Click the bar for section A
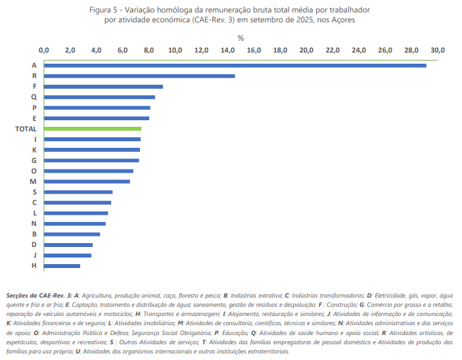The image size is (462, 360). [235, 65]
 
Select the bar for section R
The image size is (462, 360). [139, 76]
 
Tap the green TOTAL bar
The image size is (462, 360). [93, 129]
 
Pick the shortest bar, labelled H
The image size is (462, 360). [62, 265]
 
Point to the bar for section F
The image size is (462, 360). [103, 87]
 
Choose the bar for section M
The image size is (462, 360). [87, 181]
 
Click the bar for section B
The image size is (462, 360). [72, 234]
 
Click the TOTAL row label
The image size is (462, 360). [26, 129]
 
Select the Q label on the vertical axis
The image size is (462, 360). [34, 97]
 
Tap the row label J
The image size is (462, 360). [34, 255]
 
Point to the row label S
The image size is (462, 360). [34, 192]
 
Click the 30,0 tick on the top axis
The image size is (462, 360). [438, 50]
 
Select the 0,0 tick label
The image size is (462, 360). [44, 50]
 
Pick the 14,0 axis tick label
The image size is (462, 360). [228, 50]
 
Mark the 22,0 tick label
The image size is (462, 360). [333, 50]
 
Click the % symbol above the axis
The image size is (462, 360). [241, 38]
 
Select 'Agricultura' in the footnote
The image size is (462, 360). [99, 296]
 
